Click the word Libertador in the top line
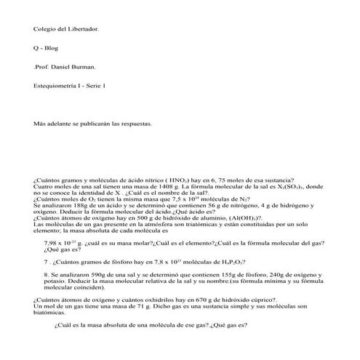click(x=83, y=29)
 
